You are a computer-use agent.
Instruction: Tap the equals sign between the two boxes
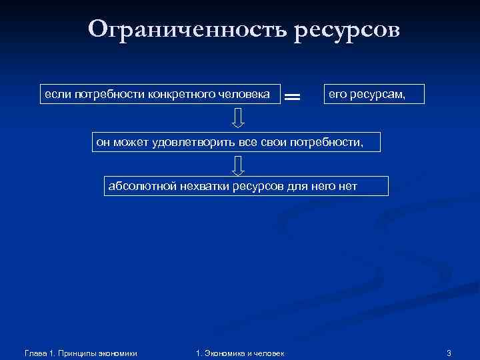(292, 97)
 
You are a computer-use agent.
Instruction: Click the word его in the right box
(337, 95)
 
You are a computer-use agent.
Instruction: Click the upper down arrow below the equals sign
(238, 118)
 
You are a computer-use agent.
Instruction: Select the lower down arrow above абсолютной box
(238, 164)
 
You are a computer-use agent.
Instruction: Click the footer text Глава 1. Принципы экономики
(80, 353)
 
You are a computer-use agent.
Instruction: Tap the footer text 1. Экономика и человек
(240, 353)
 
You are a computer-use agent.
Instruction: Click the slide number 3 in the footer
(449, 353)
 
